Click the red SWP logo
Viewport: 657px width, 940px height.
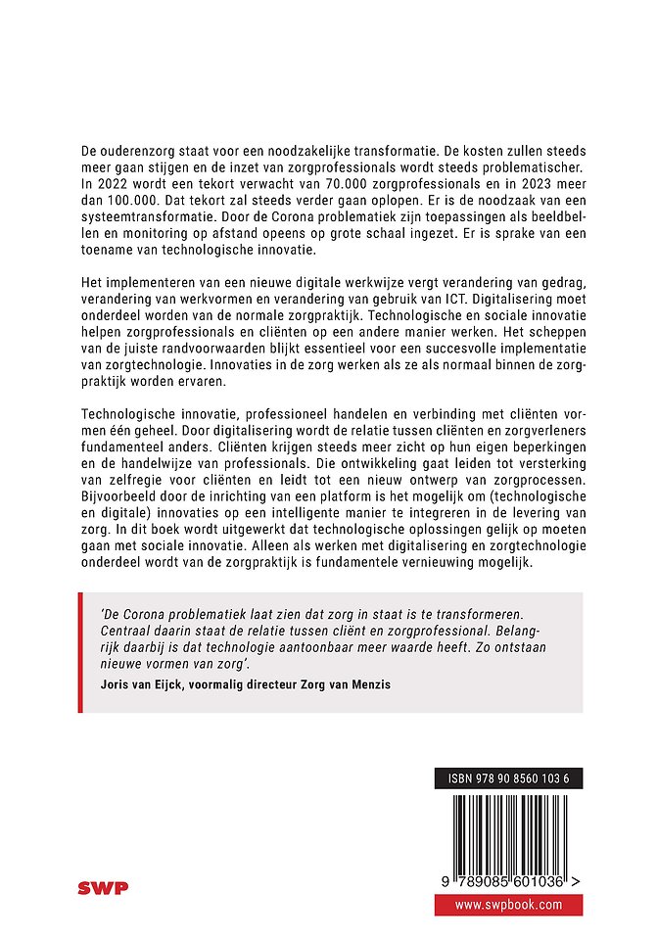[103, 888]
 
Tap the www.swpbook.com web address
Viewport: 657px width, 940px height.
[508, 905]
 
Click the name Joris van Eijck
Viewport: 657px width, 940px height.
[150, 685]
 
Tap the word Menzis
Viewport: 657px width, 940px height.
[366, 685]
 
